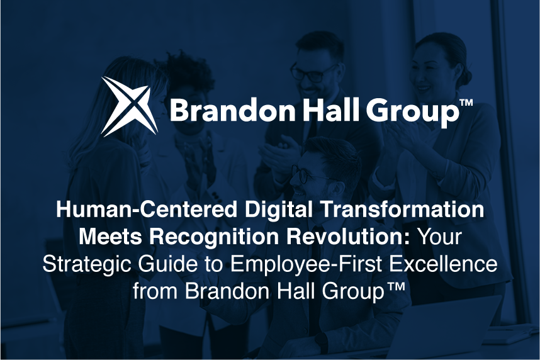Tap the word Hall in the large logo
point(331,111)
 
